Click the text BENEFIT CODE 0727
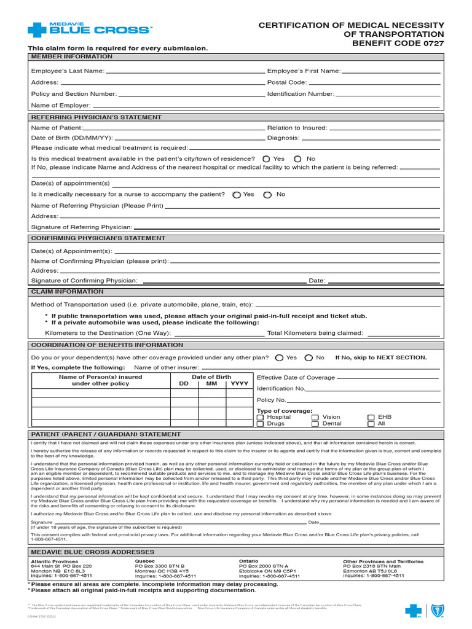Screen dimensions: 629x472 pyautogui.click(x=398, y=44)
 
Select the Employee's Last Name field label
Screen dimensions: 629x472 pyautogui.click(x=68, y=71)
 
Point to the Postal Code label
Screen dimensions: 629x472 pyautogui.click(x=286, y=82)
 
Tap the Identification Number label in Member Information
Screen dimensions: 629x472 pyautogui.click(x=301, y=94)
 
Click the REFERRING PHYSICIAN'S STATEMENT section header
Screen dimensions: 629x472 pyautogui.click(x=96, y=117)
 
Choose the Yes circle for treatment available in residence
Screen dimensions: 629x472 pyautogui.click(x=266, y=159)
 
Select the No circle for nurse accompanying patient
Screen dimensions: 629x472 pyautogui.click(x=267, y=195)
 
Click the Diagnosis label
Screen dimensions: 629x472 pyautogui.click(x=283, y=138)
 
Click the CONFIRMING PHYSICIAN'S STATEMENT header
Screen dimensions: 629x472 pyautogui.click(x=98, y=238)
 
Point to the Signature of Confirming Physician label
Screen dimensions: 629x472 pyautogui.click(x=84, y=281)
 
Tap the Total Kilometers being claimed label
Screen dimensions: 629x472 pyautogui.click(x=315, y=333)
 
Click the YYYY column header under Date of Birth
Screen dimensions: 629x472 pyautogui.click(x=238, y=383)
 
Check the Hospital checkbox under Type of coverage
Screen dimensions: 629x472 pyautogui.click(x=260, y=418)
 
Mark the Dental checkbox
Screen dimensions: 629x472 pyautogui.click(x=315, y=424)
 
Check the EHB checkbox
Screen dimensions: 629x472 pyautogui.click(x=371, y=418)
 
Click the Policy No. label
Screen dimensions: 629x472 pyautogui.click(x=271, y=400)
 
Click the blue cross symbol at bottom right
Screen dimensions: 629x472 pyautogui.click(x=414, y=611)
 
